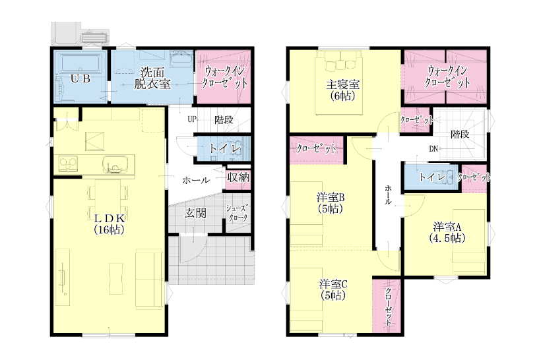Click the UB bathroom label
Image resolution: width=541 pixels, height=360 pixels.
tap(80, 78)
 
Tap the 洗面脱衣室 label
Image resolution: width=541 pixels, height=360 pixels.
tap(152, 78)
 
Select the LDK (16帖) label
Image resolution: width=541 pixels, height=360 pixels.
tap(109, 224)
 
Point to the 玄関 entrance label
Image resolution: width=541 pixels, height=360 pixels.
tap(195, 213)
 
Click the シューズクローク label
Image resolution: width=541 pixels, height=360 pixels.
tap(237, 213)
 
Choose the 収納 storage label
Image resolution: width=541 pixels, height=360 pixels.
tap(238, 177)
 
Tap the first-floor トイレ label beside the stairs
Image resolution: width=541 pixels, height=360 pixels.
tap(224, 148)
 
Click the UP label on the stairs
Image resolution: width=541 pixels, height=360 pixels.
tap(192, 119)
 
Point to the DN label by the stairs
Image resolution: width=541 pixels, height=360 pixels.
tap(433, 148)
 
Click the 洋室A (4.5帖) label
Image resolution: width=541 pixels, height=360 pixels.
tap(447, 232)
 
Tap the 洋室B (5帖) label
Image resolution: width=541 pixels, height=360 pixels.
tap(330, 203)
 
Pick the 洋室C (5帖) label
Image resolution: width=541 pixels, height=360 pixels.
tap(333, 289)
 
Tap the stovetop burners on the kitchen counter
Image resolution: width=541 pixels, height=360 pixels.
tap(68, 163)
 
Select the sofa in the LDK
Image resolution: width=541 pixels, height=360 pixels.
tap(148, 278)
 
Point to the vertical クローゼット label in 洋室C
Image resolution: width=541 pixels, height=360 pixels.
tap(388, 307)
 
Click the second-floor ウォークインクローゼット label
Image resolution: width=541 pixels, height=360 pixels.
tap(447, 76)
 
